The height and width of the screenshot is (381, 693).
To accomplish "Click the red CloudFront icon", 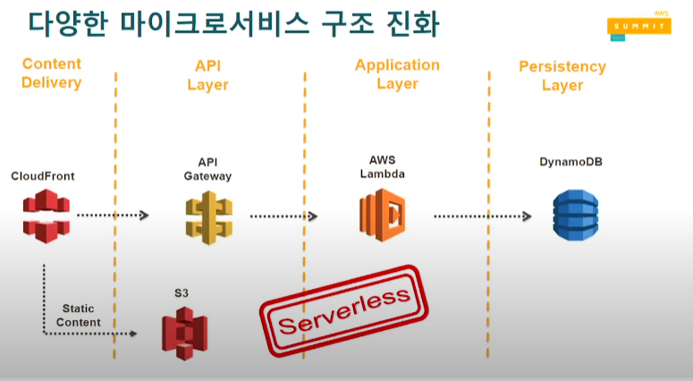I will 46,216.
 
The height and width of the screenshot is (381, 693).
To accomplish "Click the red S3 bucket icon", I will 183,332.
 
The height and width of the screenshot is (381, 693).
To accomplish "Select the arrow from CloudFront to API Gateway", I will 113,216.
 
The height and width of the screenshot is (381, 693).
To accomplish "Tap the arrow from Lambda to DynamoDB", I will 482,216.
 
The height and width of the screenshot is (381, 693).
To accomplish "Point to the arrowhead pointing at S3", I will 132,334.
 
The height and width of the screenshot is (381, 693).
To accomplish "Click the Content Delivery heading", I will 52,73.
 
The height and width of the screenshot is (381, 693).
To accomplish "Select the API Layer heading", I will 207,75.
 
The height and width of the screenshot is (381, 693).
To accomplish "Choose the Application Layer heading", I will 397,74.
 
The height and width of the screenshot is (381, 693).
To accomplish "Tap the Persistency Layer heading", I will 562,76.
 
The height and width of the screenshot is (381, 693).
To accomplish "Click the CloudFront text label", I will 43,176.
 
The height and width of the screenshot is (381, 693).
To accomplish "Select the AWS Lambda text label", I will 382,166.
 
